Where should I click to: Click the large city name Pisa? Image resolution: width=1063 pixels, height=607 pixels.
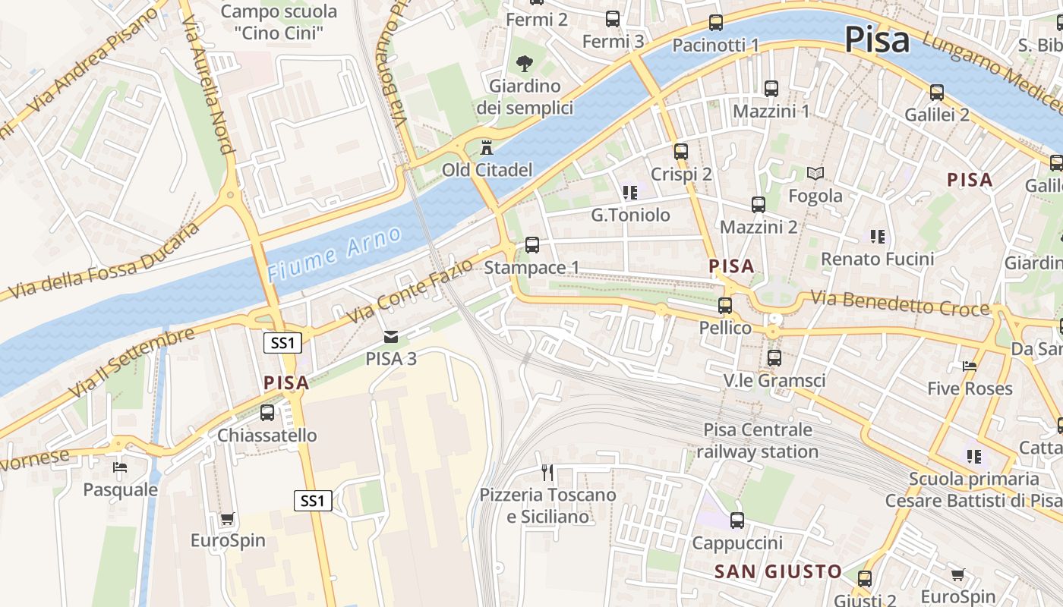(x=876, y=39)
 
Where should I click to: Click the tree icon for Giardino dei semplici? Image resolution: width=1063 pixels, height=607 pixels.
(x=524, y=63)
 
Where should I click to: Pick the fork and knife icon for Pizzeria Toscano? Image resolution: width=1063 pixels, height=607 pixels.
(x=547, y=473)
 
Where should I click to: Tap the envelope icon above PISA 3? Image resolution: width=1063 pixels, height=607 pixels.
(x=390, y=336)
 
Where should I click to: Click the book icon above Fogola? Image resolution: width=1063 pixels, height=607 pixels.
(x=815, y=174)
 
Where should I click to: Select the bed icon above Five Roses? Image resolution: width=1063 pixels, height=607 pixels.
(x=970, y=366)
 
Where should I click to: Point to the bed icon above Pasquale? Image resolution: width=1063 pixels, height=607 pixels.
(x=120, y=467)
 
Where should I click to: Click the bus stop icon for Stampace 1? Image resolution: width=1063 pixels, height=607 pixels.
(x=532, y=244)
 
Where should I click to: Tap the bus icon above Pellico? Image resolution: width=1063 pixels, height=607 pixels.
(x=725, y=306)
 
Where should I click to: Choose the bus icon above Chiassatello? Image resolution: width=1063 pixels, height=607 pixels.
(x=267, y=413)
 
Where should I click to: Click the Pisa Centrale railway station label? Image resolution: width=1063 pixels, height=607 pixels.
(x=757, y=441)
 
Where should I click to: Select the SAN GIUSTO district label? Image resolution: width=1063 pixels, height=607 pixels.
(x=778, y=572)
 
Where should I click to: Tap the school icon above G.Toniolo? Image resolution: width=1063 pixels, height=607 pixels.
(x=629, y=193)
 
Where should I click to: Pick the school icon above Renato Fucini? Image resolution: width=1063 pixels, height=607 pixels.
(x=878, y=237)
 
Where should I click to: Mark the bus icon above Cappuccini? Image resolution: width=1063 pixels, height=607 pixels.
(x=737, y=521)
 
